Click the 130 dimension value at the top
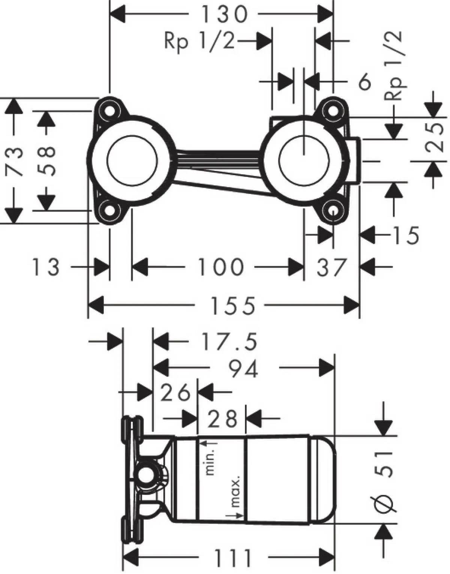(224, 15)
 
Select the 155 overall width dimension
(232, 306)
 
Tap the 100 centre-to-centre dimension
(220, 267)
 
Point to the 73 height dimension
(15, 161)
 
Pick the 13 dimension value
(46, 267)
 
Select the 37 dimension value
(331, 267)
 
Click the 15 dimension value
(405, 235)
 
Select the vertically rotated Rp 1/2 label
(394, 66)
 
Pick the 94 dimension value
(243, 369)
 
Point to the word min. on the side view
(211, 458)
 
